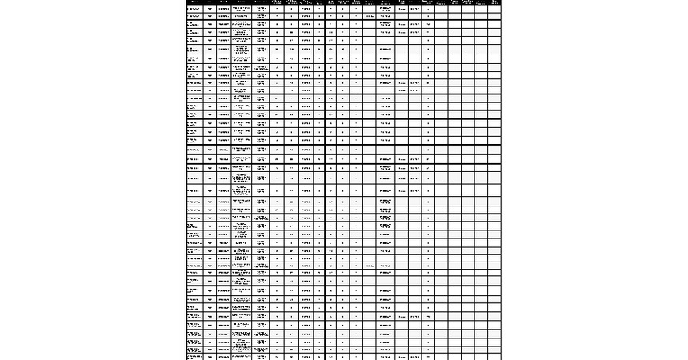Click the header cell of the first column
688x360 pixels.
(194, 2)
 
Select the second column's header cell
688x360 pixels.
(210, 2)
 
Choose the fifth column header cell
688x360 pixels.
(261, 2)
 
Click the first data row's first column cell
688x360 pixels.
(194, 8)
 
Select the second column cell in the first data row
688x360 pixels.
(210, 8)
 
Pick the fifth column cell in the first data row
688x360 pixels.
(261, 8)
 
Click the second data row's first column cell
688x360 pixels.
(194, 15)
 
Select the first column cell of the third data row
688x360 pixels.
(194, 24)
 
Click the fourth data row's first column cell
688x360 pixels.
(194, 33)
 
